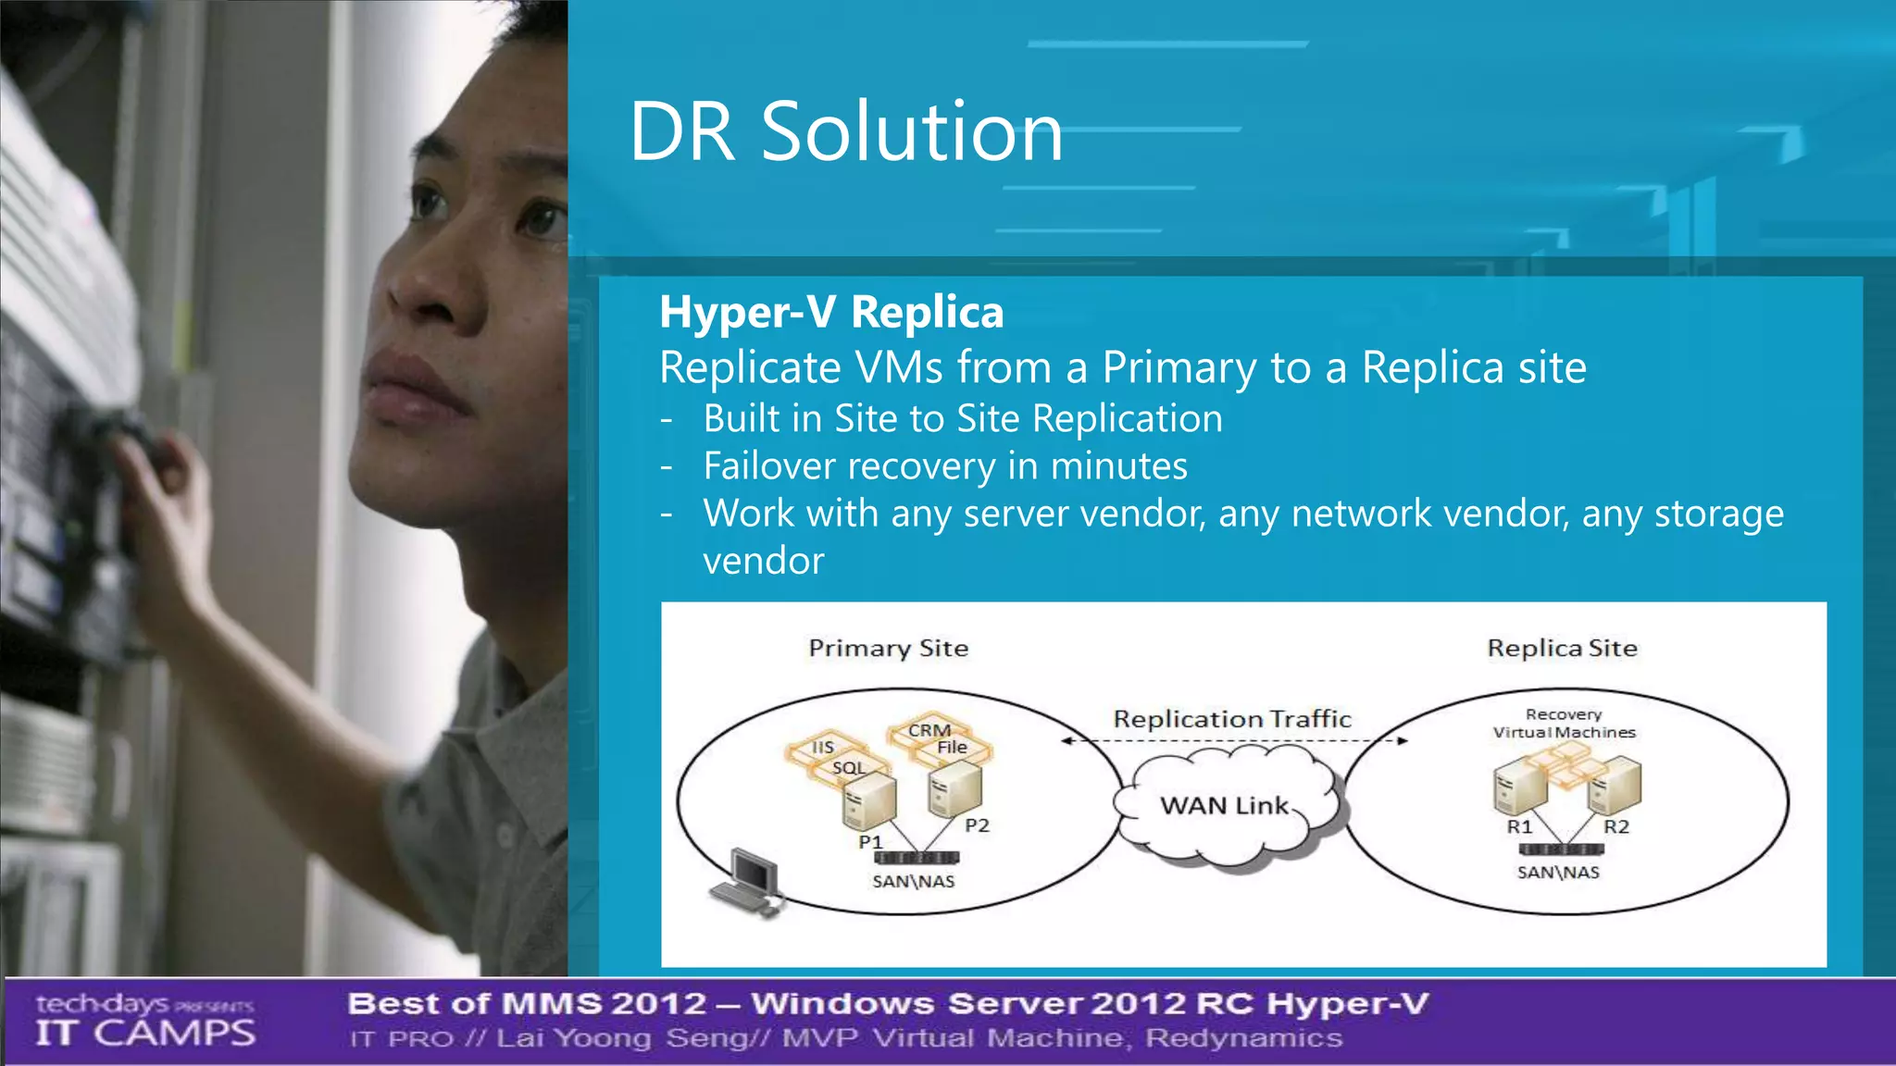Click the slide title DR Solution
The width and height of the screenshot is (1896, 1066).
[x=845, y=131]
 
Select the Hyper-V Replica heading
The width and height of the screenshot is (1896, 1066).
[x=830, y=312]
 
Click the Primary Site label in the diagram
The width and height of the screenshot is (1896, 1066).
[x=888, y=648]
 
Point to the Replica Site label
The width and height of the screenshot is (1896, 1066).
[x=1562, y=648]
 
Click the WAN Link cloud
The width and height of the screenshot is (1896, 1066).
[x=1226, y=806]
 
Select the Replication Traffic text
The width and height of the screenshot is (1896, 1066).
[x=1231, y=719]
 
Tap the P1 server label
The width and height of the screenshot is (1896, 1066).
[x=870, y=842]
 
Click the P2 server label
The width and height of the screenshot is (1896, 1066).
[x=977, y=825]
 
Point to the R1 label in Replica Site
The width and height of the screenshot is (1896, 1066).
[x=1519, y=827]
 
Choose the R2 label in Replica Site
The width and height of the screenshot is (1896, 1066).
[x=1615, y=827]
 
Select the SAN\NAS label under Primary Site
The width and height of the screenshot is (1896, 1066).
[x=913, y=882]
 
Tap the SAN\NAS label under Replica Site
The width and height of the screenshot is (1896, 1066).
[x=1558, y=873]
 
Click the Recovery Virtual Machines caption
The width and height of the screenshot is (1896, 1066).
[x=1564, y=723]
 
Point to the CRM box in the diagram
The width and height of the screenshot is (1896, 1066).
[x=929, y=730]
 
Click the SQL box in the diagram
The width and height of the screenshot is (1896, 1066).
[x=848, y=768]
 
